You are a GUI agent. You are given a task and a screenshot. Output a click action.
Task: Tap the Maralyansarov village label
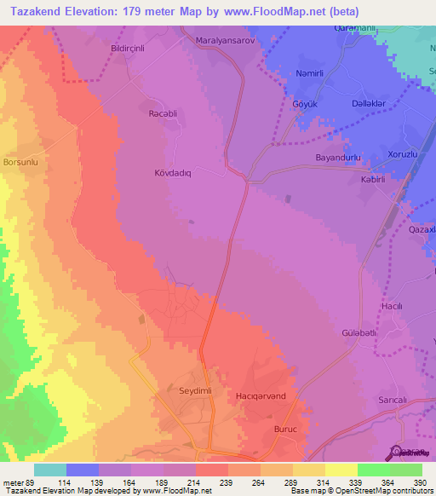[226, 40]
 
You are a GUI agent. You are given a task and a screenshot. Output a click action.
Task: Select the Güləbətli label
[359, 332]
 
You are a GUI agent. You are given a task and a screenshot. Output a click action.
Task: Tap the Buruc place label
[284, 430]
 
